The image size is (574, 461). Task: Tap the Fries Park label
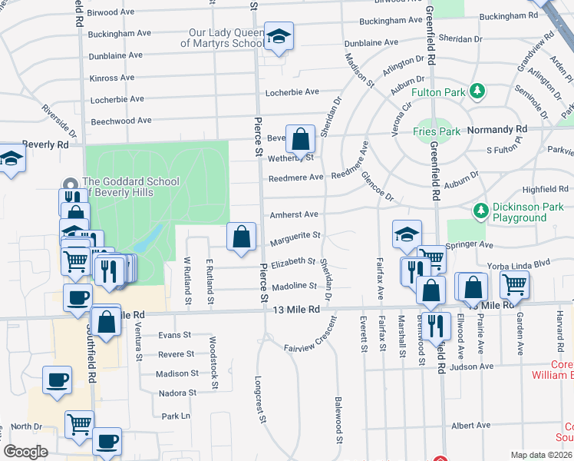437,131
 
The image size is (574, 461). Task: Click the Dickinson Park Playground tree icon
481,210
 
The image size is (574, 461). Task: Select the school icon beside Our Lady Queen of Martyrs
279,35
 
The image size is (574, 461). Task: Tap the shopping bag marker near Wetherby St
302,139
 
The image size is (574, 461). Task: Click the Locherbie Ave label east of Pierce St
292,92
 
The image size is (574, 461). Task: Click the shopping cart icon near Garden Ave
514,284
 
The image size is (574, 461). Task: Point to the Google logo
25,452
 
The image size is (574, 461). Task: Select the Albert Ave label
470,425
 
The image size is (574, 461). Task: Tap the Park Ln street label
176,416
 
